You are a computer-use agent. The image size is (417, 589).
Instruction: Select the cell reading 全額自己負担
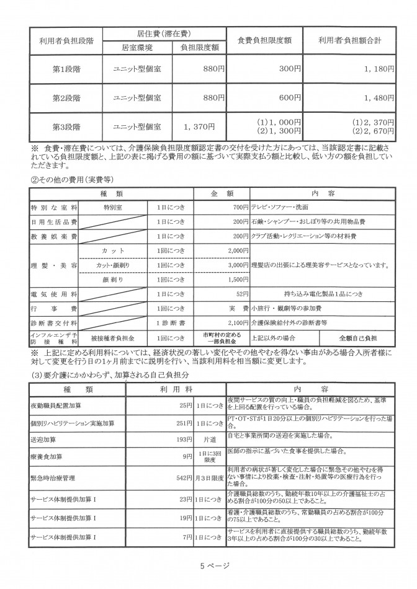pos(357,338)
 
